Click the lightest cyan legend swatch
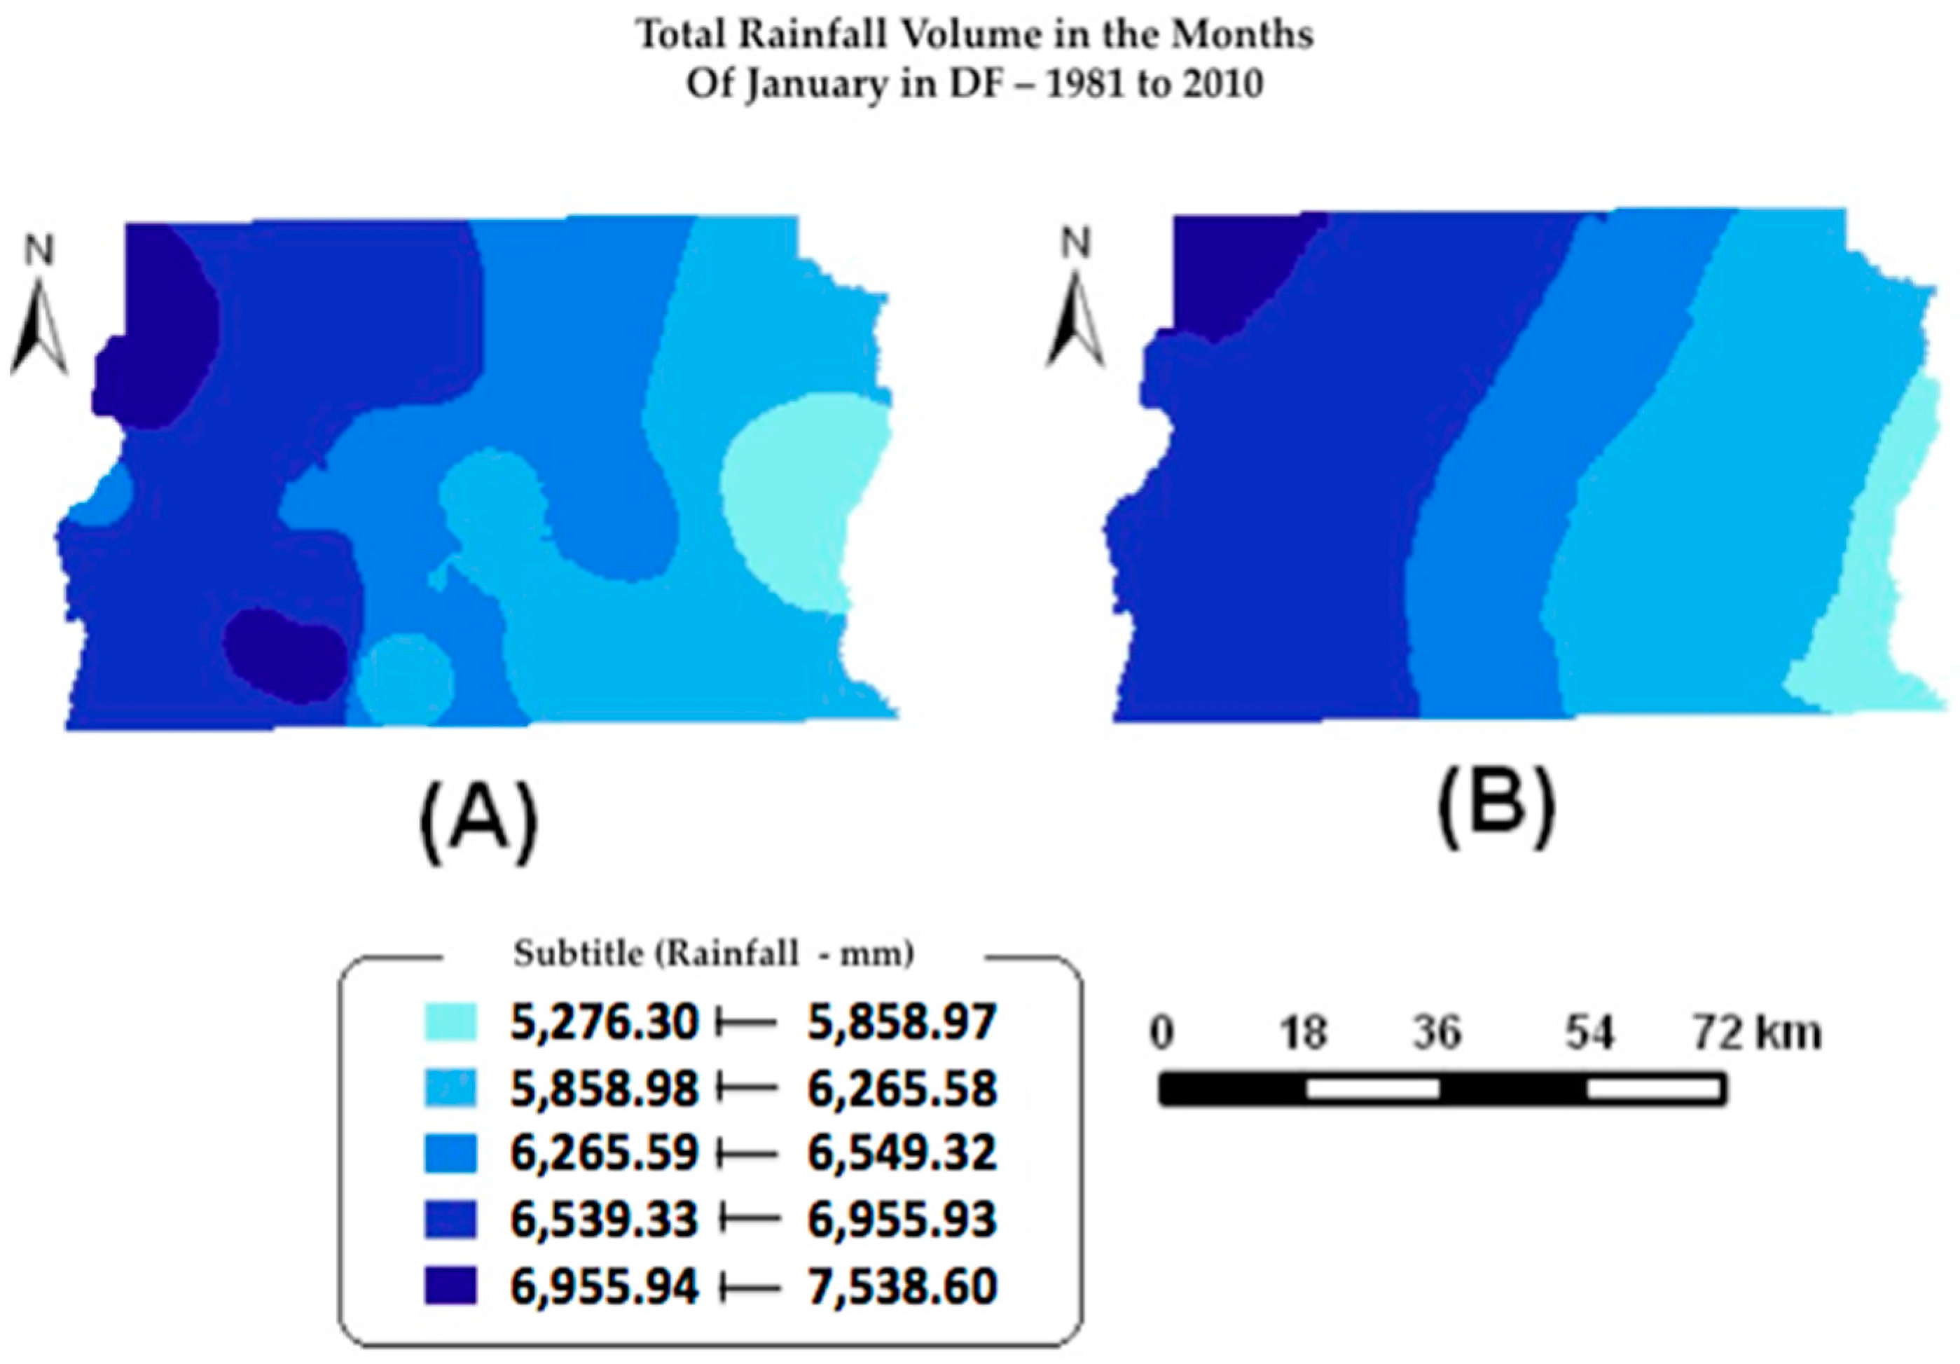pos(450,1021)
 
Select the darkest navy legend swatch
pos(450,1286)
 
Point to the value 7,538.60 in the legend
pos(902,1286)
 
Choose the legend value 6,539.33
pos(604,1220)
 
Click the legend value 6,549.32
pos(902,1154)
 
